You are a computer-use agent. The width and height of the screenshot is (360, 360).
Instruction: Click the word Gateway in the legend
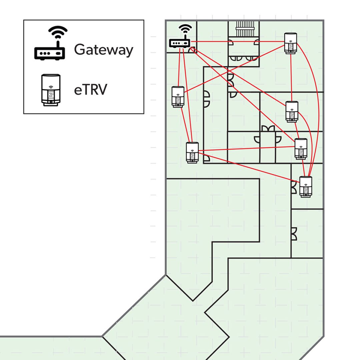coord(103,50)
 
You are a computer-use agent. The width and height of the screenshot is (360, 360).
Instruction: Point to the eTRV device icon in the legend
coord(51,90)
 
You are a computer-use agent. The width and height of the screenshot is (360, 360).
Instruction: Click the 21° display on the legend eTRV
coord(51,95)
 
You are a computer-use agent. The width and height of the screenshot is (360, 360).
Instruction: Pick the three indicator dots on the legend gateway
coord(45,53)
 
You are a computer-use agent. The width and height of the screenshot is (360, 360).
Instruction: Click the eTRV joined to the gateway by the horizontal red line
coord(291,42)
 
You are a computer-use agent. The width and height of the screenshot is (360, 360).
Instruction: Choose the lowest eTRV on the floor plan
coord(306,187)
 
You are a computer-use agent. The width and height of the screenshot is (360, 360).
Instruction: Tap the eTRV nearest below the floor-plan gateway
coord(178,97)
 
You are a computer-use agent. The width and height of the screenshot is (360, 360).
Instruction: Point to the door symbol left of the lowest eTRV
coord(294,187)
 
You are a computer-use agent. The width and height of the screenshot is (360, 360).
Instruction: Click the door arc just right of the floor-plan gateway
coord(193,50)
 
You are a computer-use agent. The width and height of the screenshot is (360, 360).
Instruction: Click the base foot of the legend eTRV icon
coord(51,104)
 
